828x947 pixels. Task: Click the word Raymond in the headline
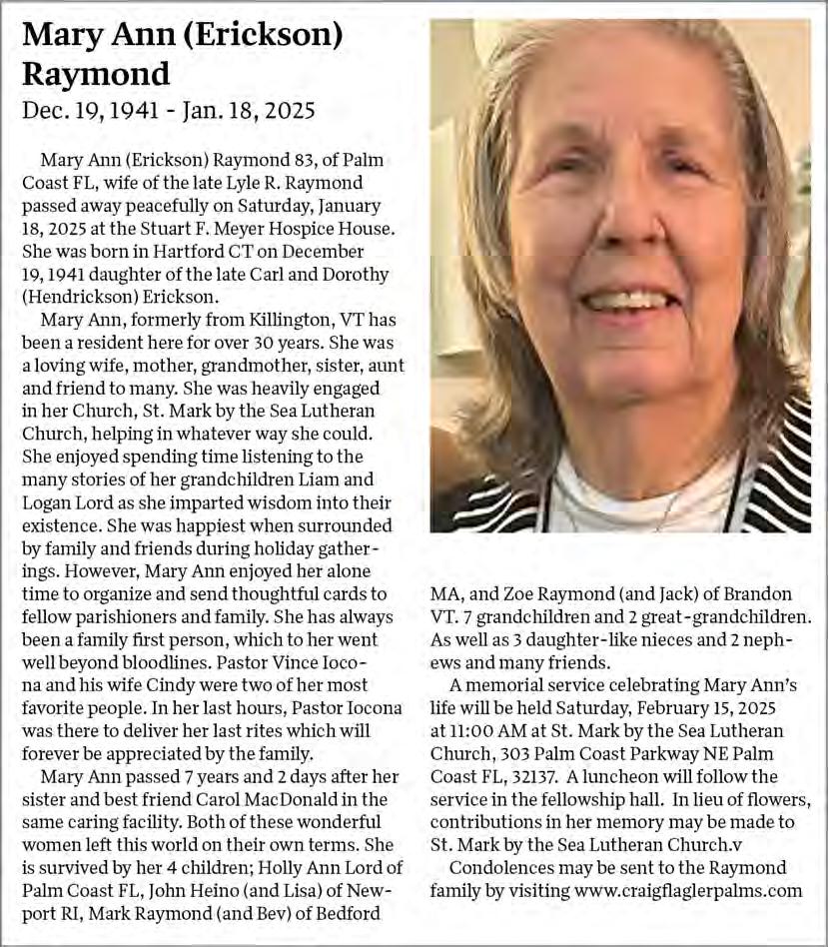click(96, 73)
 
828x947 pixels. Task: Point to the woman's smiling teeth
click(628, 299)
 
